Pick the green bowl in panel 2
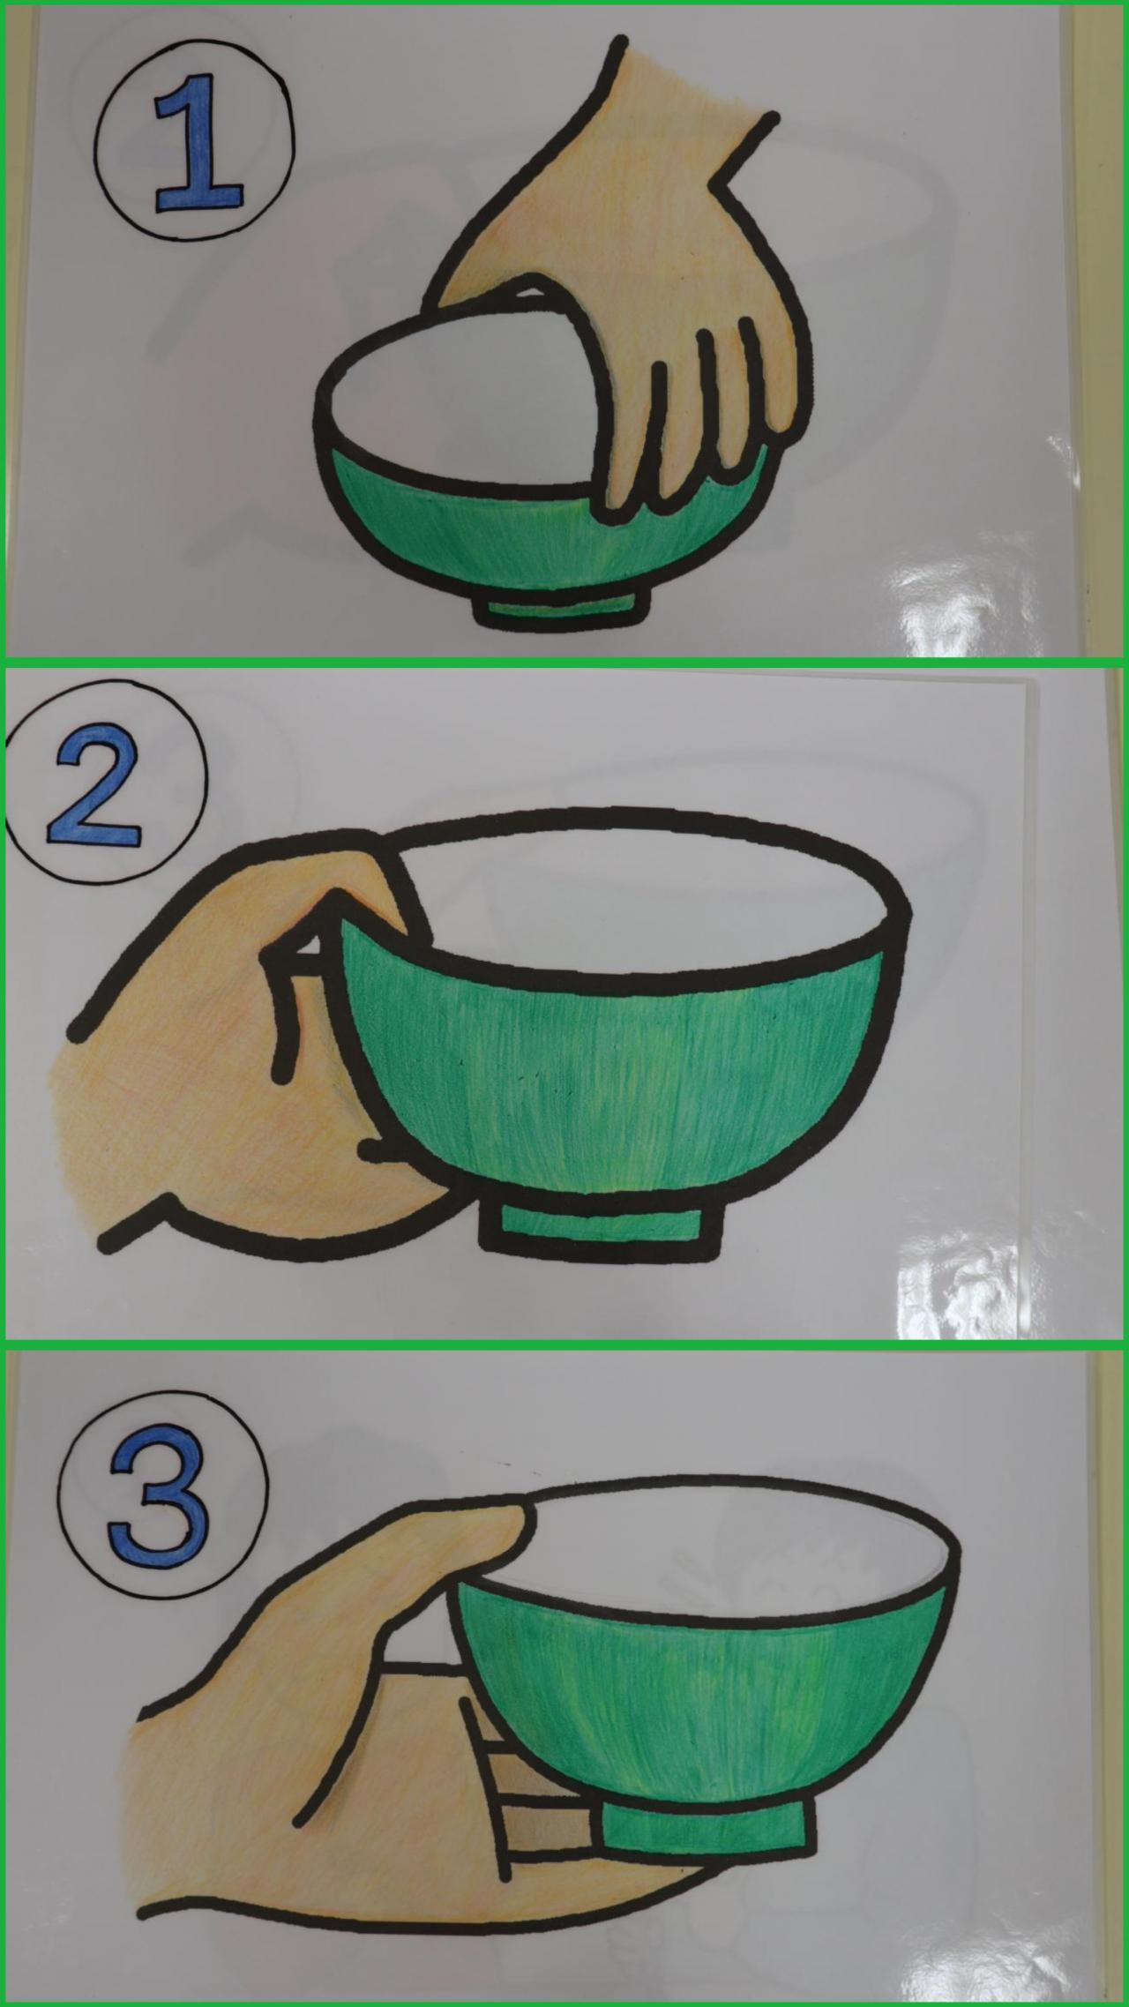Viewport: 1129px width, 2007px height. click(617, 1059)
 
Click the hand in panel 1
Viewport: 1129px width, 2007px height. click(635, 291)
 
